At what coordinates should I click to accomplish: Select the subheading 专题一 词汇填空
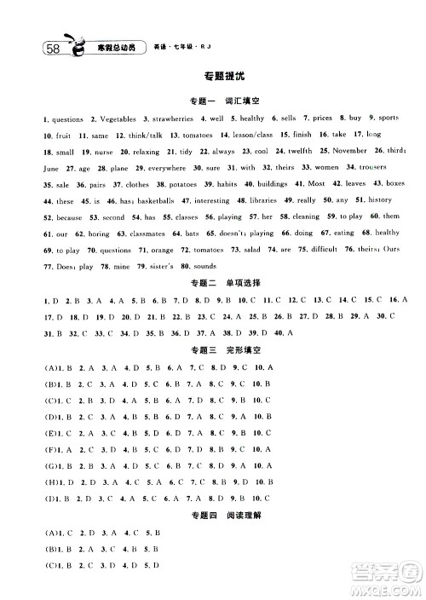212,101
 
